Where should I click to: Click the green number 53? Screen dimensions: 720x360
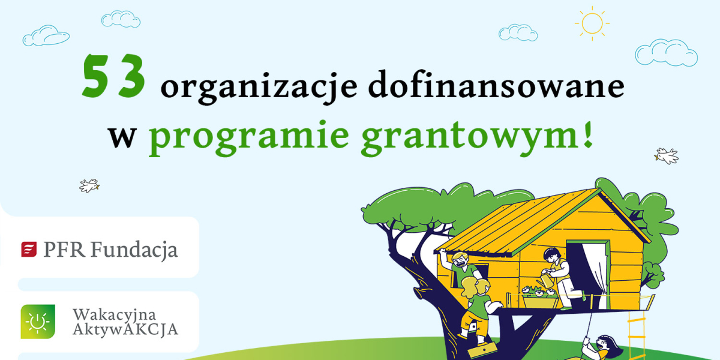coord(114,76)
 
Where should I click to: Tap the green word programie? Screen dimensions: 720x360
coord(249,137)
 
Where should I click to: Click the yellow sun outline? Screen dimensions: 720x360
coord(592,23)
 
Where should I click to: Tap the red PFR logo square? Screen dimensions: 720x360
coord(29,250)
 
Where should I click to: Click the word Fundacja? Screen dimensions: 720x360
coord(134,250)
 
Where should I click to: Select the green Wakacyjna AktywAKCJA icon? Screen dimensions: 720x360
coord(38,322)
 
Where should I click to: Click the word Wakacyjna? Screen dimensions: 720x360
coord(115,315)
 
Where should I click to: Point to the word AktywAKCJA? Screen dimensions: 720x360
coord(125,329)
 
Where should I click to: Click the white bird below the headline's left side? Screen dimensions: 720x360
coord(89,186)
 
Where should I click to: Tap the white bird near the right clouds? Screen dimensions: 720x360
coord(667,156)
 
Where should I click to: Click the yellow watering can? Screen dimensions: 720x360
coord(546,280)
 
